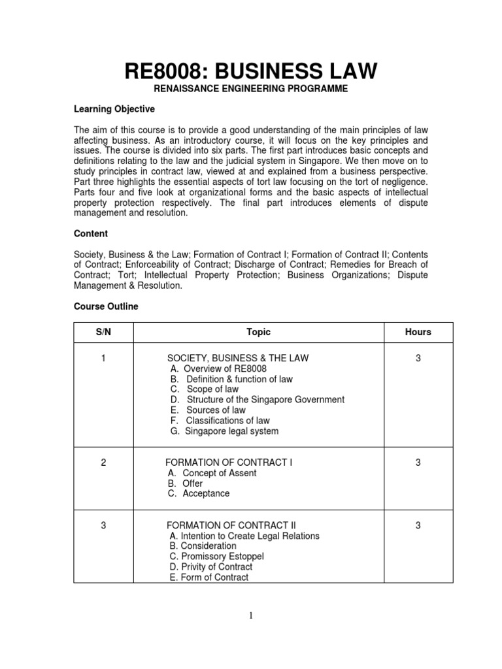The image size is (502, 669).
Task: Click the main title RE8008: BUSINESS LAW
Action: pyautogui.click(x=251, y=70)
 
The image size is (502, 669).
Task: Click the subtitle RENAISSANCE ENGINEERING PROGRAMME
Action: pyautogui.click(x=251, y=88)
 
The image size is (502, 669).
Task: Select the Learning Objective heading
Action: pyautogui.click(x=114, y=109)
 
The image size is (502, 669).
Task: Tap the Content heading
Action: pyautogui.click(x=91, y=233)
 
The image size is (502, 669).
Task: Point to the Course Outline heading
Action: pyautogui.click(x=106, y=306)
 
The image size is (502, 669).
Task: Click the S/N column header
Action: pyautogui.click(x=104, y=332)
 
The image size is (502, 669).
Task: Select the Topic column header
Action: pyautogui.click(x=258, y=332)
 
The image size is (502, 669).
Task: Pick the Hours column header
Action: pyautogui.click(x=418, y=332)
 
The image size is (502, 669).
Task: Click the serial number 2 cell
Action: pyautogui.click(x=104, y=463)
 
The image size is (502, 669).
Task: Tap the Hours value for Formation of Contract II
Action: pyautogui.click(x=418, y=525)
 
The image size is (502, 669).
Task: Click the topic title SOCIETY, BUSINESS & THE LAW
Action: pyautogui.click(x=238, y=358)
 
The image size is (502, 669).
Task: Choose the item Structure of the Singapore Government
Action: pyautogui.click(x=257, y=400)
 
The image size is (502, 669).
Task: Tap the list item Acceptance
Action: pyautogui.click(x=199, y=494)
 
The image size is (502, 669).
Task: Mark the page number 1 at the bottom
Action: pyautogui.click(x=251, y=614)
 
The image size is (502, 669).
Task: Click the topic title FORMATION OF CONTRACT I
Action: pyautogui.click(x=229, y=463)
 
